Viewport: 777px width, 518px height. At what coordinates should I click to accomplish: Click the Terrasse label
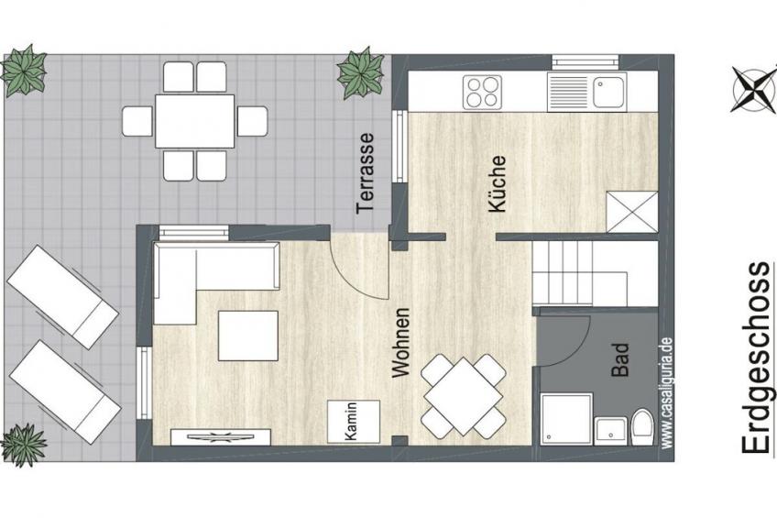click(x=366, y=172)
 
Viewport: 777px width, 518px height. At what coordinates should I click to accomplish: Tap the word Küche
click(x=497, y=184)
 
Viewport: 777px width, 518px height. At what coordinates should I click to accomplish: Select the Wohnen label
click(x=400, y=343)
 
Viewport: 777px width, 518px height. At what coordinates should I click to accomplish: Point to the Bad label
click(x=619, y=360)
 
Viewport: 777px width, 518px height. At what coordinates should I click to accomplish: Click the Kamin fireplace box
click(x=354, y=422)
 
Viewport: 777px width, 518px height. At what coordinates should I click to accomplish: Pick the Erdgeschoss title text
click(x=757, y=357)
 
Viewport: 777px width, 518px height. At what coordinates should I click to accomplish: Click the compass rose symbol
click(x=753, y=89)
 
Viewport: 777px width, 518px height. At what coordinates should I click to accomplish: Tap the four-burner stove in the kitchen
click(x=482, y=93)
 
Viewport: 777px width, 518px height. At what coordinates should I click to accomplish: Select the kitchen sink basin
click(x=609, y=92)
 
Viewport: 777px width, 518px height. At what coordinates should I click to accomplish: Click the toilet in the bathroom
click(x=642, y=428)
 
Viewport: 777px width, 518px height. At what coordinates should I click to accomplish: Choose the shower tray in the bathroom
click(x=566, y=419)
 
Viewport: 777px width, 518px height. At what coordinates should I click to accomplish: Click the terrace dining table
click(x=195, y=121)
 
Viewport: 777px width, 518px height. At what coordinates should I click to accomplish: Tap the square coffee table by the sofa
click(x=248, y=336)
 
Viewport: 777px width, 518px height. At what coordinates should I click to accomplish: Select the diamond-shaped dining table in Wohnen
click(x=463, y=396)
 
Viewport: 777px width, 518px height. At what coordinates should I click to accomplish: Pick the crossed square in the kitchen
click(x=632, y=212)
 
